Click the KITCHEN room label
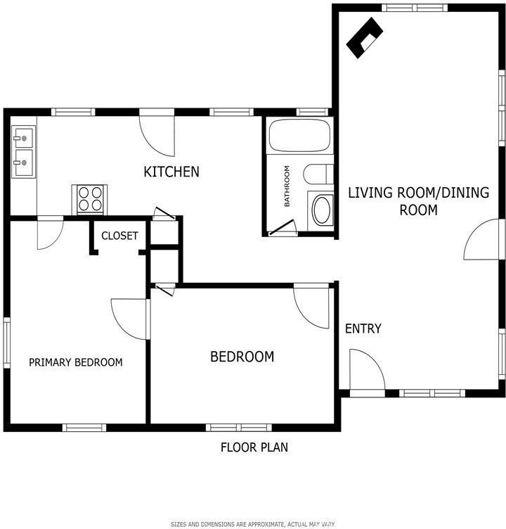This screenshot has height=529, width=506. (171, 172)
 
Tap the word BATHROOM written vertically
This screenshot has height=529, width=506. (287, 186)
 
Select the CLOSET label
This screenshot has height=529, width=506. (119, 236)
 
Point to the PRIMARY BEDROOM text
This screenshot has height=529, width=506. (75, 362)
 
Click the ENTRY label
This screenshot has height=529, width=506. (363, 329)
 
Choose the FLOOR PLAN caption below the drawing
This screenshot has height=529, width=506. (254, 447)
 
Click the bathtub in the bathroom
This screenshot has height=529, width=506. (299, 135)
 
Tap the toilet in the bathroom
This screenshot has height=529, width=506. (318, 174)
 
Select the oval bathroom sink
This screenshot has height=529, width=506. (322, 210)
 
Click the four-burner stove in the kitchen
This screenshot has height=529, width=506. (90, 199)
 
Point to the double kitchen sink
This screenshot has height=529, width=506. (24, 151)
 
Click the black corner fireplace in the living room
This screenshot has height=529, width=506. (365, 38)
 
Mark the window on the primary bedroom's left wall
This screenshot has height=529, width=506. (6, 343)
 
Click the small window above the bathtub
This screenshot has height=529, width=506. (313, 112)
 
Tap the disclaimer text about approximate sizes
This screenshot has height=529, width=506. (253, 524)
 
